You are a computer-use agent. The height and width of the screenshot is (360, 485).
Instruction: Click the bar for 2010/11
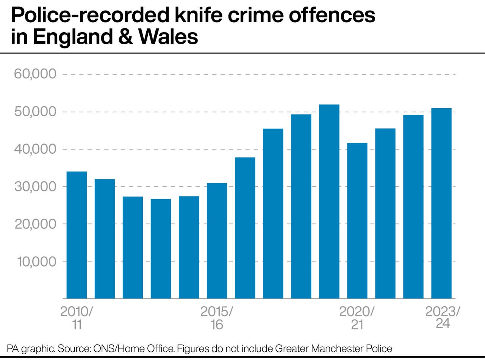click(77, 235)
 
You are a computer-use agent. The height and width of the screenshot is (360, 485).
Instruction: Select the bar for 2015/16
click(217, 240)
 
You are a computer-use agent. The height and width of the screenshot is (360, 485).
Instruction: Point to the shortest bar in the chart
click(161, 248)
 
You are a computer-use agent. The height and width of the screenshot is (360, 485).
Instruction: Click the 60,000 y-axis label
click(35, 74)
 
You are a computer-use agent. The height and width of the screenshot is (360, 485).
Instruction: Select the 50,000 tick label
click(35, 112)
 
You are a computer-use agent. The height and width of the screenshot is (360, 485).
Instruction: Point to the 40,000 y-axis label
click(35, 149)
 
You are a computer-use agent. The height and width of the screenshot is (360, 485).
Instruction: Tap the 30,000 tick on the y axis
click(35, 187)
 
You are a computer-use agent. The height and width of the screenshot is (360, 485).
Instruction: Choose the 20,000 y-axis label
click(35, 224)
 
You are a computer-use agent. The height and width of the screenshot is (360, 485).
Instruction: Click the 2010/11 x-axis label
click(77, 318)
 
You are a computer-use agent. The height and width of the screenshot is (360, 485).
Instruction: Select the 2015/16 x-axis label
click(217, 318)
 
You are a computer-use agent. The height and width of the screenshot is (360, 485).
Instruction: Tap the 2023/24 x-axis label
click(443, 318)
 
